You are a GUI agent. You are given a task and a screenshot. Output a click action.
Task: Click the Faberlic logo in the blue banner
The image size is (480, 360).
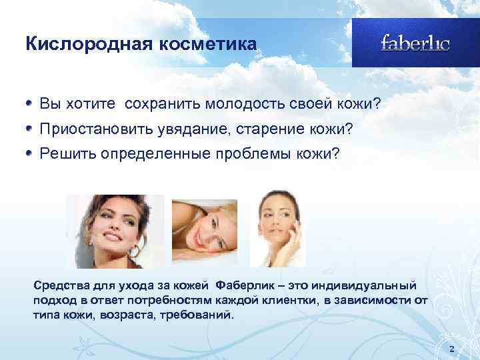[415, 43]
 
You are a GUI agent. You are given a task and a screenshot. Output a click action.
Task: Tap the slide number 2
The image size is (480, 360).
[452, 349]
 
